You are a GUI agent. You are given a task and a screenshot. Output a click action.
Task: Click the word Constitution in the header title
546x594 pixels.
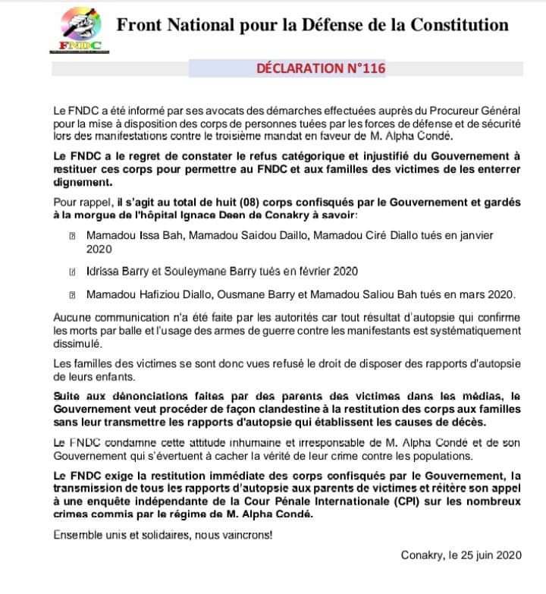click(460, 24)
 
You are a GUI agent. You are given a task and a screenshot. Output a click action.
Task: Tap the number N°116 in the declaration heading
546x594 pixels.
click(366, 68)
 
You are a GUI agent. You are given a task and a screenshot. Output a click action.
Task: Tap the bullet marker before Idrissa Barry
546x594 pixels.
click(72, 272)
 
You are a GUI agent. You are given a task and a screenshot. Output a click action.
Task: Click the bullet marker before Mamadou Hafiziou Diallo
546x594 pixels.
click(72, 295)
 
